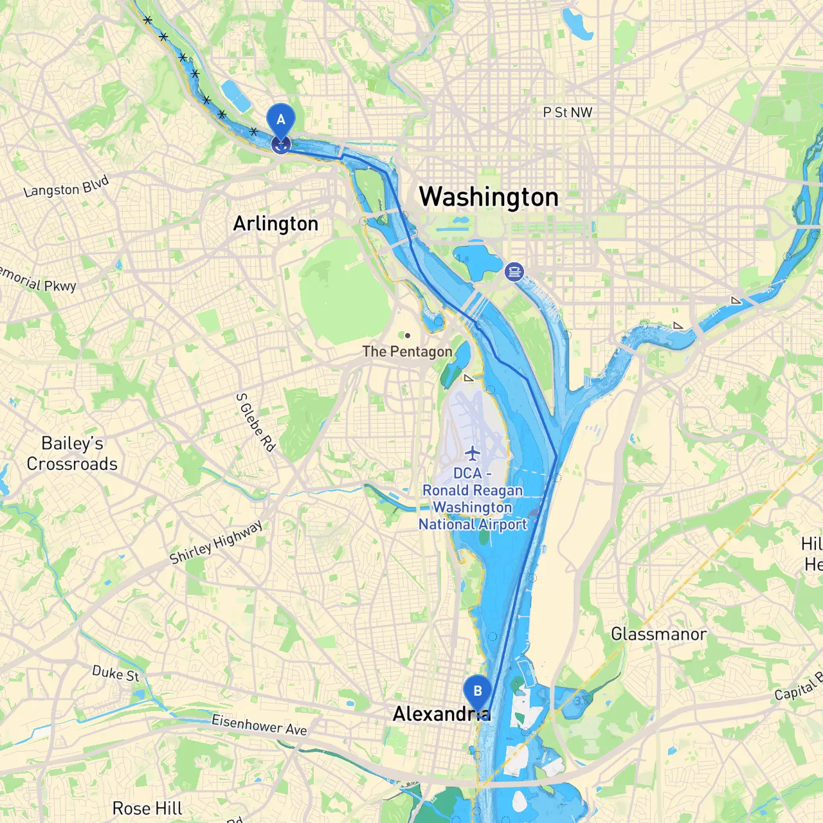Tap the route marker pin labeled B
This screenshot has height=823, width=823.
[x=477, y=692]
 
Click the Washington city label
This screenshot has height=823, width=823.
[x=489, y=197]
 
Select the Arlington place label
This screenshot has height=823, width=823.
[x=276, y=224]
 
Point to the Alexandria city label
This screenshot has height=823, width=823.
[x=441, y=714]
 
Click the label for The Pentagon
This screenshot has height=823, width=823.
[x=407, y=352]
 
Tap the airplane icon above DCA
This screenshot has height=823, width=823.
[x=473, y=453]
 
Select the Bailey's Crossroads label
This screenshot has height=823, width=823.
[x=72, y=453]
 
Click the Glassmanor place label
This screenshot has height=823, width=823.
[x=658, y=634]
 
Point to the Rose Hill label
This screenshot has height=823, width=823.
[x=147, y=808]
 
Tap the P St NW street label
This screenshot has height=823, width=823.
[x=567, y=113]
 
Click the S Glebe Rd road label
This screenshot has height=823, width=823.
[x=255, y=422]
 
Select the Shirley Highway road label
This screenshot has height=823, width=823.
[x=216, y=542]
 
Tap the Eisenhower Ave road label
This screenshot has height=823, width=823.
[x=259, y=725]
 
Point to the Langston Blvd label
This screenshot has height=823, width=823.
[x=66, y=187]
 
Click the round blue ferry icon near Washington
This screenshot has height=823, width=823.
[x=514, y=271]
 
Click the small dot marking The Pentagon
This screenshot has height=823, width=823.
[x=407, y=336]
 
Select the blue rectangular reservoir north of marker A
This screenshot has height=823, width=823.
[x=235, y=96]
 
